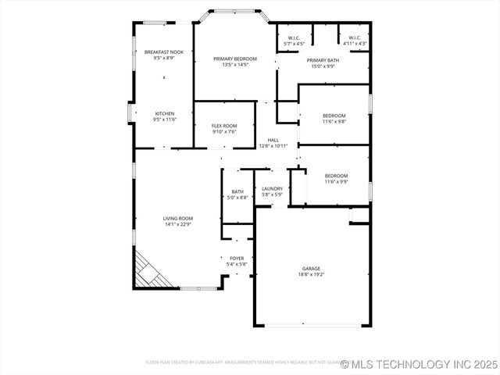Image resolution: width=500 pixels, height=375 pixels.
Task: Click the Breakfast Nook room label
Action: coord(164,52)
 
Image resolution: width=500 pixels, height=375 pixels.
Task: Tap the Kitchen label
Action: coord(164,113)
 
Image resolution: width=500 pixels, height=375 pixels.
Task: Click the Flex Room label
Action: coord(224,126)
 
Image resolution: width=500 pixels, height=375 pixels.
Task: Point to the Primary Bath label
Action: coord(322,60)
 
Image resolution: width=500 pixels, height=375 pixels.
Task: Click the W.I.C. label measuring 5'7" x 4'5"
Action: coord(294,37)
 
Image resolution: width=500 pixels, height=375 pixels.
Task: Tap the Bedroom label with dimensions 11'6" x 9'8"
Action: coord(334,116)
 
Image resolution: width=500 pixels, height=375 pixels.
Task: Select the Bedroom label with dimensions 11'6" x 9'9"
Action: coord(336,176)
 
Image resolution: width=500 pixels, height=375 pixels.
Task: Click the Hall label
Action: coord(273,140)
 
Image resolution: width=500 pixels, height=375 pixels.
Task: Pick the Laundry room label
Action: coord(272,188)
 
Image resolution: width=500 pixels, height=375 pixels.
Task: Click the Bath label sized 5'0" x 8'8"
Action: coord(237,191)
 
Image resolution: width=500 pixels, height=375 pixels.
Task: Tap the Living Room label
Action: coord(178,218)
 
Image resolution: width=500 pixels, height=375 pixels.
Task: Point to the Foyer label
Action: coord(236,259)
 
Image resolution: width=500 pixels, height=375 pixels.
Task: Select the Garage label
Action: coord(311,268)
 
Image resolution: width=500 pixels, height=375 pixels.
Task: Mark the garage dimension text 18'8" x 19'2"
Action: coord(311,274)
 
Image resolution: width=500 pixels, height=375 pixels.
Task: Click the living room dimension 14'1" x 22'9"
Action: coord(178,224)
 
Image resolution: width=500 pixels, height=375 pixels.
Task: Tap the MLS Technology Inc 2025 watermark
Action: coord(418,364)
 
